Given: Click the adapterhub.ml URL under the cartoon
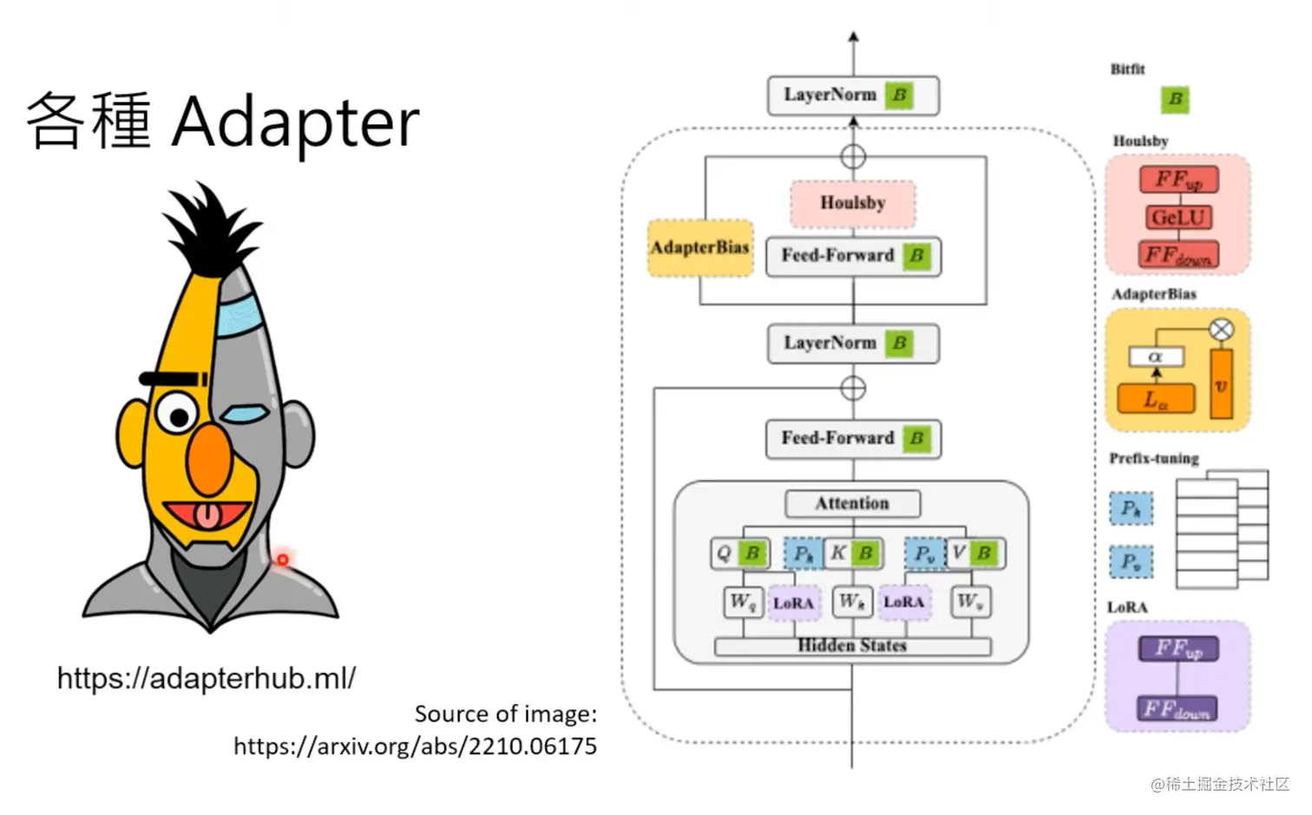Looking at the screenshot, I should pyautogui.click(x=206, y=678).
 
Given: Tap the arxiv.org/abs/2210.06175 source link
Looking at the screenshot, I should pyautogui.click(x=415, y=747).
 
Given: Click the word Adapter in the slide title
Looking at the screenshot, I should pyautogui.click(x=295, y=121).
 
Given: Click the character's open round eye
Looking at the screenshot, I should pyautogui.click(x=177, y=414).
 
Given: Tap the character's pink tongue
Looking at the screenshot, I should pyautogui.click(x=207, y=516).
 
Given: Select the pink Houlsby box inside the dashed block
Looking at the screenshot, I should pyautogui.click(x=852, y=203).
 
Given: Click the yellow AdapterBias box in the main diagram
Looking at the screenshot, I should pyautogui.click(x=699, y=248).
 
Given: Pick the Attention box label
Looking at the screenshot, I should pyautogui.click(x=852, y=504).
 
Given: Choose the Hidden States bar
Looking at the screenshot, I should pyautogui.click(x=852, y=646).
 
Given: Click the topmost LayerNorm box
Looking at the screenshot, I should pyautogui.click(x=852, y=95).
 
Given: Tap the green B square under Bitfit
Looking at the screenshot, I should pyautogui.click(x=1175, y=99).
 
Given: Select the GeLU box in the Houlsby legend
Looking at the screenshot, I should pyautogui.click(x=1178, y=218).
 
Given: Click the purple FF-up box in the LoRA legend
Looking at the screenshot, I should pyautogui.click(x=1178, y=649).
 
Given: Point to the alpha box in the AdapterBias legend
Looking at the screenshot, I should pyautogui.click(x=1156, y=357).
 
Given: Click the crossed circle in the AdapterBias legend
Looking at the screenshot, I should pyautogui.click(x=1221, y=329).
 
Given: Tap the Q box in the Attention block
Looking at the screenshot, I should pyautogui.click(x=725, y=553).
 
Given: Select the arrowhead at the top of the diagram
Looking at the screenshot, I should pyautogui.click(x=853, y=37).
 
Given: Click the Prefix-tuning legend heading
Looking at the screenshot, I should pyautogui.click(x=1153, y=459).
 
